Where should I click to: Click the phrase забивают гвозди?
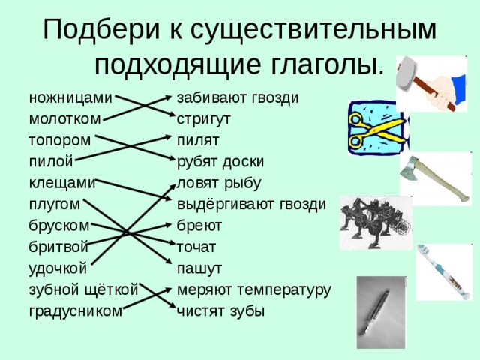(238, 98)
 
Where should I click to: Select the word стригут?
(203, 119)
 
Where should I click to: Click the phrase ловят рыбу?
(219, 182)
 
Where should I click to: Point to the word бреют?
(199, 225)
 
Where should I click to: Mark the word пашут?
(199, 267)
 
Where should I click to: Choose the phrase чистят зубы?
(220, 310)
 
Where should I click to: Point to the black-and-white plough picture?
(375, 223)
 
